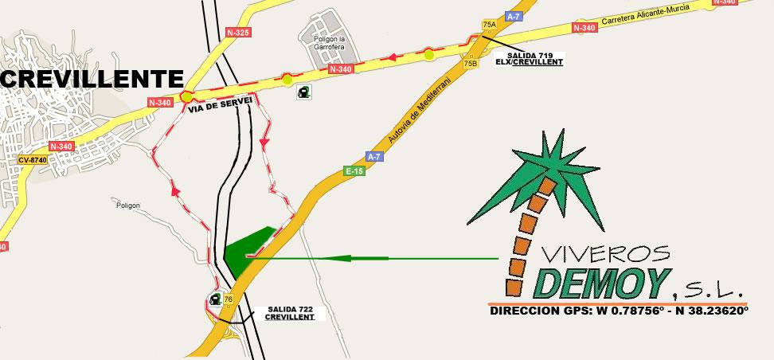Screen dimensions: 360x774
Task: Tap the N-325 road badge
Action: [238, 33]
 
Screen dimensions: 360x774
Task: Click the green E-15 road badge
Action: [354, 170]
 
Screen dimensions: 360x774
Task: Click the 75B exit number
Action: [471, 63]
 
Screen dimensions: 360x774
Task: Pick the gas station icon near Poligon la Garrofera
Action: [303, 92]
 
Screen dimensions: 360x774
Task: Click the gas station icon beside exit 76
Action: [215, 299]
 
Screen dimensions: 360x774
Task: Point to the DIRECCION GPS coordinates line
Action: [619, 311]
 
